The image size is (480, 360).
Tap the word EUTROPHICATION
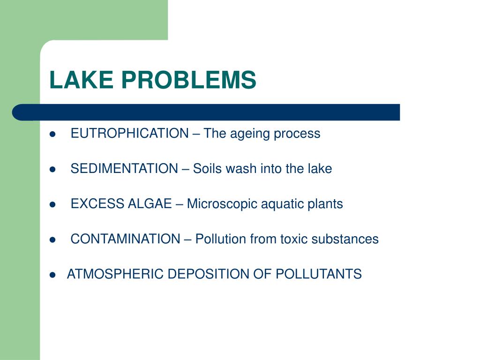point(129,134)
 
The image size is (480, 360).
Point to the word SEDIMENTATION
point(124,169)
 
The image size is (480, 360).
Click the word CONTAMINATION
point(125,239)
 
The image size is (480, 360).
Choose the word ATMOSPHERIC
point(115,274)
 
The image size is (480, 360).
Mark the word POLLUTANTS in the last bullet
point(319,274)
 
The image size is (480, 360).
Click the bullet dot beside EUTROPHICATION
point(52,134)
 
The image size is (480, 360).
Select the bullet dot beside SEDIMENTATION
point(52,169)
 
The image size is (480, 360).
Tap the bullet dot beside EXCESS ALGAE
point(52,204)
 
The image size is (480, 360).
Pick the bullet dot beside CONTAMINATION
point(52,240)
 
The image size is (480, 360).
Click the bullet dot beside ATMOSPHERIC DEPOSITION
point(52,275)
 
